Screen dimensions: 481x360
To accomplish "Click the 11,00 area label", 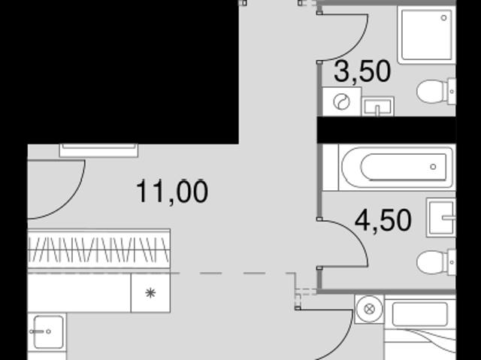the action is pyautogui.click(x=172, y=192).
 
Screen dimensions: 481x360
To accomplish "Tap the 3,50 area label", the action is pyautogui.click(x=362, y=71).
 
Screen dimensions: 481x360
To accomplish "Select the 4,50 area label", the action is pyautogui.click(x=383, y=220).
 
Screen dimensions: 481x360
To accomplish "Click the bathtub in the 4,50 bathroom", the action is pyautogui.click(x=397, y=168).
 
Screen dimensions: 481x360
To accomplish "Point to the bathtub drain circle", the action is pyautogui.click(x=433, y=167).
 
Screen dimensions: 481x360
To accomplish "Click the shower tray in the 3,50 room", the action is pyautogui.click(x=426, y=35).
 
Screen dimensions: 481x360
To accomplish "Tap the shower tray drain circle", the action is pyautogui.click(x=443, y=18).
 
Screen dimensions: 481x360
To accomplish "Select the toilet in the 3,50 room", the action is pyautogui.click(x=436, y=92).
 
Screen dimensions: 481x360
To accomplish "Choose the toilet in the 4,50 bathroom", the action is pyautogui.click(x=436, y=262).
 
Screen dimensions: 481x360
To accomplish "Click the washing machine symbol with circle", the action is pyautogui.click(x=342, y=101).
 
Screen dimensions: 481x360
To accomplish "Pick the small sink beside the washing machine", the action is pyautogui.click(x=377, y=107).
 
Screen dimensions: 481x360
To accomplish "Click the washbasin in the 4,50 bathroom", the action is pyautogui.click(x=441, y=217).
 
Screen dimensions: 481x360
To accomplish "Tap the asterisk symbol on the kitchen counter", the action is pyautogui.click(x=150, y=293).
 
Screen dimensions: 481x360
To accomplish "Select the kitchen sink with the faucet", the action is pyautogui.click(x=47, y=332).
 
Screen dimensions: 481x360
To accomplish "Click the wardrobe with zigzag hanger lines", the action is pyautogui.click(x=98, y=249).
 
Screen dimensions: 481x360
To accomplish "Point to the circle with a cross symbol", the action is pyautogui.click(x=369, y=309).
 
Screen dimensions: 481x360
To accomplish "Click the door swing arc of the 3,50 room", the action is pyautogui.click(x=358, y=46).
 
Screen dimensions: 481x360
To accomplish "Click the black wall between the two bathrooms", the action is pyautogui.click(x=386, y=130).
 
